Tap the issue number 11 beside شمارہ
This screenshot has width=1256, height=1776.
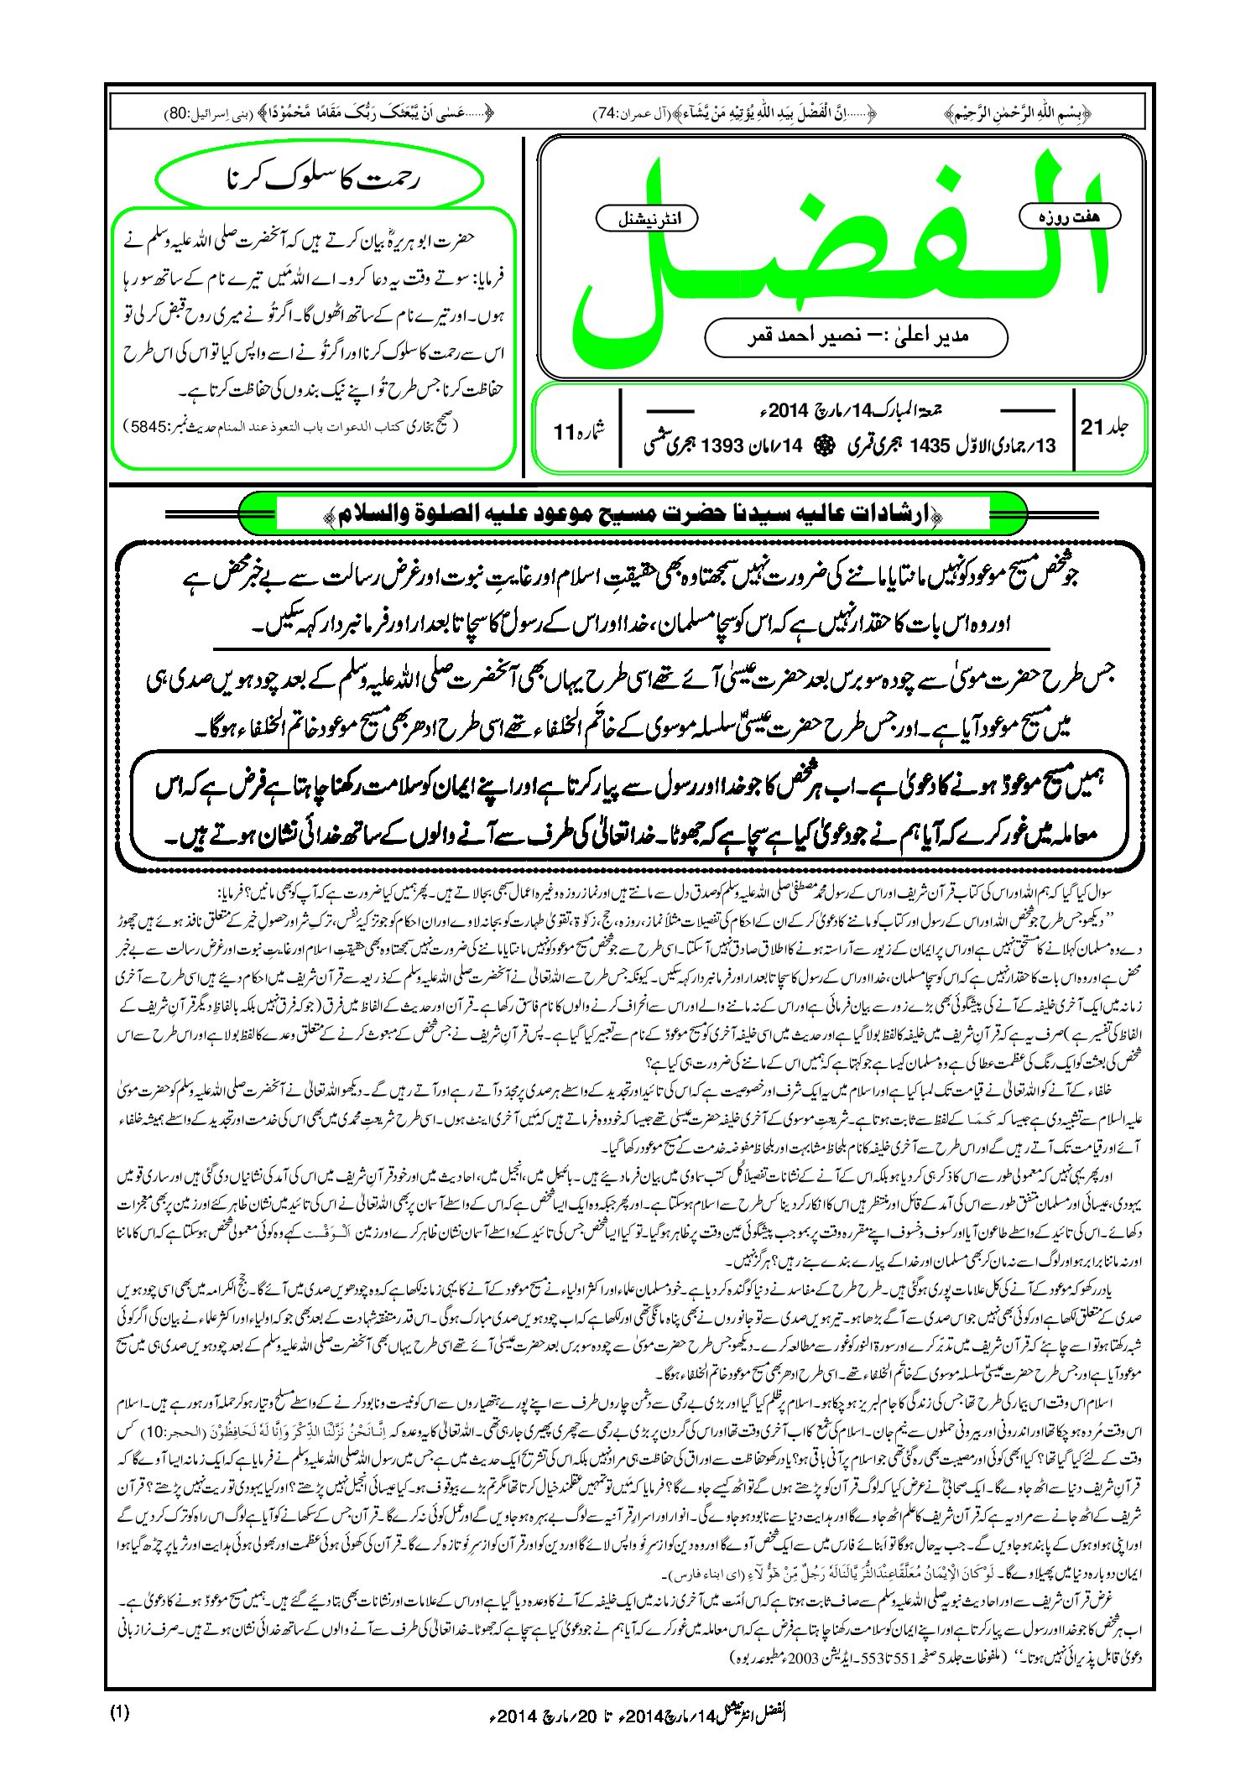coord(562,433)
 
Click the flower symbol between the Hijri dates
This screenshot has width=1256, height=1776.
coord(824,445)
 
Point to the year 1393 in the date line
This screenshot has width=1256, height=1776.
coord(721,445)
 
